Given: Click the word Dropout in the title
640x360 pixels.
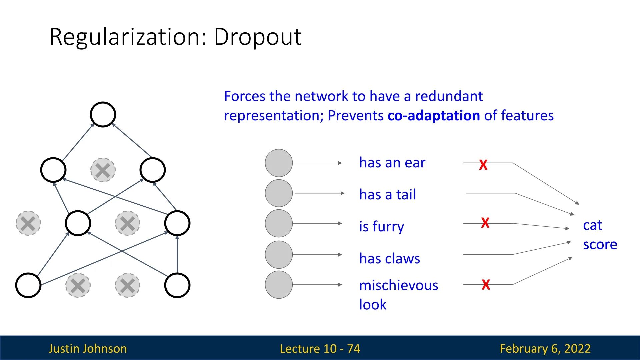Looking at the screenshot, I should (x=258, y=37).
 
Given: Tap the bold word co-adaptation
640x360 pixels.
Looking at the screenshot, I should (x=433, y=116).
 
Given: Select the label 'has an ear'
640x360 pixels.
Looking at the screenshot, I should (x=392, y=163).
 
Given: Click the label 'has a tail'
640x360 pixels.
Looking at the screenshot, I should (x=387, y=194).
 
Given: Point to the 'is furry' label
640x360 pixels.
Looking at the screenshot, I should (x=381, y=226).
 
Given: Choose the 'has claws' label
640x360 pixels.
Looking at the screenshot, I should (x=389, y=258).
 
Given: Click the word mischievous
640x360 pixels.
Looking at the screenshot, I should (x=398, y=285).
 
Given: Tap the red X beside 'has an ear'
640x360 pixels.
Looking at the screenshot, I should (x=483, y=165).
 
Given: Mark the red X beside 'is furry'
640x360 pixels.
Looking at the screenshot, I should (x=485, y=223).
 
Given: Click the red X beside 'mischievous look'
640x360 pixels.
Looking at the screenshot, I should (x=486, y=285).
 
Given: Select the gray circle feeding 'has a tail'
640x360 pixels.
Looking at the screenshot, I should (x=279, y=193).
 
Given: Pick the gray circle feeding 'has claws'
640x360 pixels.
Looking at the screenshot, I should (x=279, y=255).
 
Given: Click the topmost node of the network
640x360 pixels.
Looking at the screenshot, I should (x=103, y=114).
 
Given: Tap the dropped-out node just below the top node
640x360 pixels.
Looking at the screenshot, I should (x=103, y=170).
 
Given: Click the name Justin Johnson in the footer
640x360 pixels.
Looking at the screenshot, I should (x=88, y=349).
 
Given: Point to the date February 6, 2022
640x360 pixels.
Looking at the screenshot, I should (x=545, y=349).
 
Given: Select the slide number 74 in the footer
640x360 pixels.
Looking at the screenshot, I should (x=353, y=349).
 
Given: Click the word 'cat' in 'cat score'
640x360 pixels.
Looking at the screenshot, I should (x=592, y=225).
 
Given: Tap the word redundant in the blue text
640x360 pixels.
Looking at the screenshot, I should (x=449, y=96).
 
